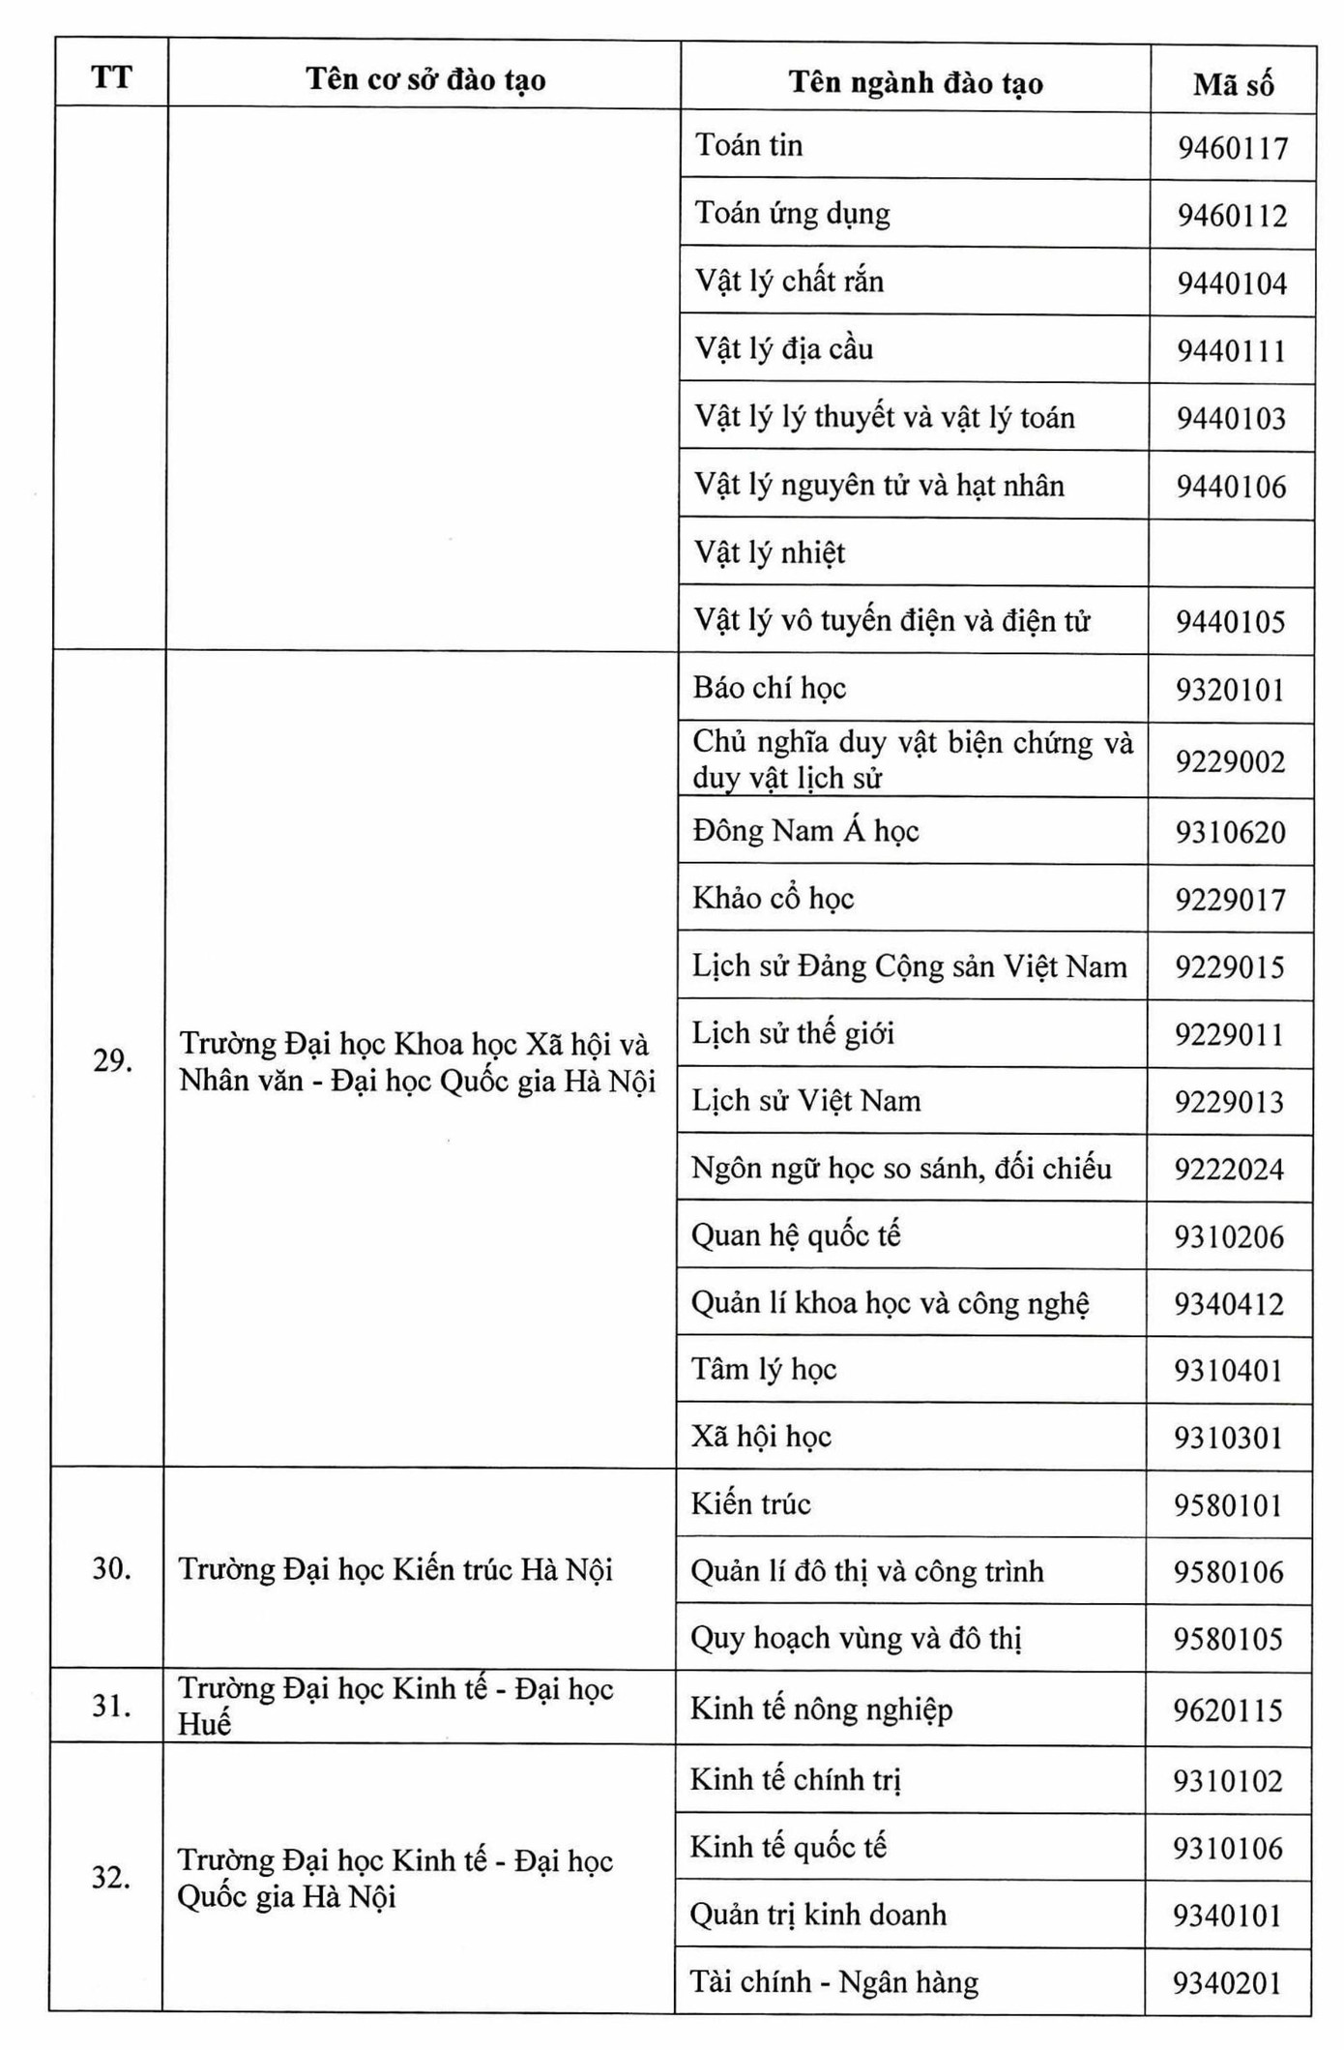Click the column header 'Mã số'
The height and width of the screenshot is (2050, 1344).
point(1233,84)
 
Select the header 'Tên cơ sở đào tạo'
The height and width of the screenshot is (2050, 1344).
point(425,79)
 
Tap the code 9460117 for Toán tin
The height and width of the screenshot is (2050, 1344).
point(1233,148)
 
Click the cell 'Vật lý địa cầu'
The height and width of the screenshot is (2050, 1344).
point(784,349)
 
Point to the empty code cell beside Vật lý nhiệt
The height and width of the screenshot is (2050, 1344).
point(1231,553)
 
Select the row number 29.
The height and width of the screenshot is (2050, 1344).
point(112,1061)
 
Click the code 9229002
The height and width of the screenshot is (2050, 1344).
point(1230,762)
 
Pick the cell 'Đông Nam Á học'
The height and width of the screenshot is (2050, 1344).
point(805,831)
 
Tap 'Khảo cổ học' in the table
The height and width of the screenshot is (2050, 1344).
point(774,899)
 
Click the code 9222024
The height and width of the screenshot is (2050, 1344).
point(1229,1170)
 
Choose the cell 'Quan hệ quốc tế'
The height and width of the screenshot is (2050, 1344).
point(796,1235)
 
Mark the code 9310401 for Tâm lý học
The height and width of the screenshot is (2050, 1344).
point(1228,1371)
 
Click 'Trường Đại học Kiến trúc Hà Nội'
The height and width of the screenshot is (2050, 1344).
point(395,1569)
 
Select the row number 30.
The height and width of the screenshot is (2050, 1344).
point(112,1568)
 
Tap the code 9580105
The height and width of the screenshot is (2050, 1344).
point(1228,1639)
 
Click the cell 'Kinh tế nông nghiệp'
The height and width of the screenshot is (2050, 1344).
point(821,1709)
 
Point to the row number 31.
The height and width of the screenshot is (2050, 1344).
point(111,1706)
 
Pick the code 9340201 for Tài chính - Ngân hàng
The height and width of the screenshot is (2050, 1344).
point(1227,1984)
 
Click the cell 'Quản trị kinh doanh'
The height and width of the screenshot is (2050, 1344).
point(818,1915)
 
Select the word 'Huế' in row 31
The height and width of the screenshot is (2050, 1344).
point(205,1724)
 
